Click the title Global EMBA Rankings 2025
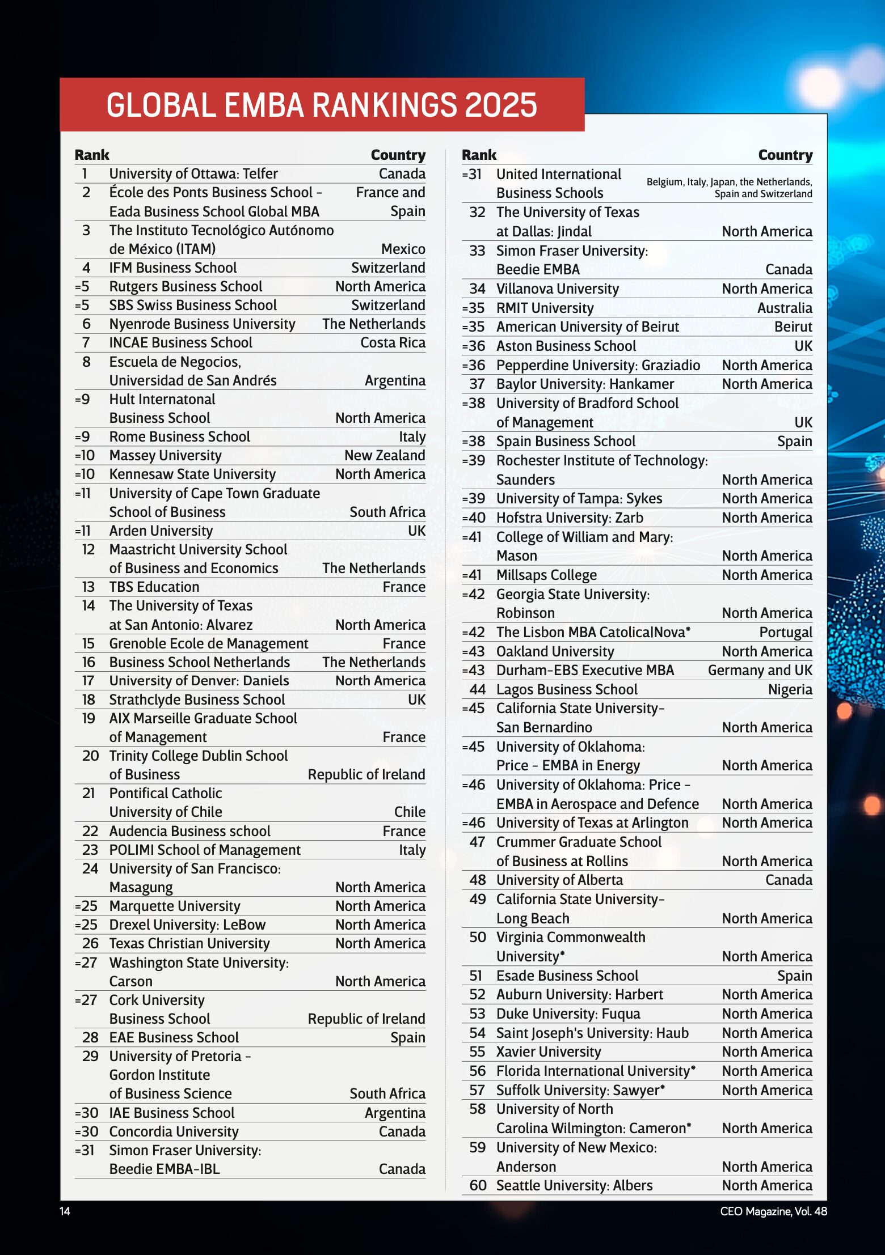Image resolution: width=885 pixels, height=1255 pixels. [x=321, y=105]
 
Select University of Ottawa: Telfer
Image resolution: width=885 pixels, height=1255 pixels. [x=193, y=173]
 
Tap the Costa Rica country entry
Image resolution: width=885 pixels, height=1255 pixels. [x=393, y=342]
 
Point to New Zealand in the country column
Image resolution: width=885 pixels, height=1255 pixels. [x=385, y=455]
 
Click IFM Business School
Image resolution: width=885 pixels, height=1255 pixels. [x=173, y=268]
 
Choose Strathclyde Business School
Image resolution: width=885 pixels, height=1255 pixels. [x=197, y=699]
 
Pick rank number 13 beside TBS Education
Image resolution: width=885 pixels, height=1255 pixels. [x=88, y=587]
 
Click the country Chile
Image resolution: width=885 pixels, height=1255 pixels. [x=410, y=812]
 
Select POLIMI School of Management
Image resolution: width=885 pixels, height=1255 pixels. [x=205, y=850]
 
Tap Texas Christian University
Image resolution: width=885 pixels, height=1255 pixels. [x=189, y=943]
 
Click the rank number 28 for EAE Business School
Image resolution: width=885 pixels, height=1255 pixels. [x=90, y=1037]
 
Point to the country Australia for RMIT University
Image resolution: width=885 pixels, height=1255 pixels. [x=785, y=308]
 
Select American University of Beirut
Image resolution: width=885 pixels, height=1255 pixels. [x=587, y=327]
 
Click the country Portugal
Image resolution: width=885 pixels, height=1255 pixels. [x=786, y=632]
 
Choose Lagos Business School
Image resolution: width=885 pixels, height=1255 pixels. [x=567, y=689]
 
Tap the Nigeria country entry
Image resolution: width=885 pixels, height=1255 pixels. [x=790, y=689]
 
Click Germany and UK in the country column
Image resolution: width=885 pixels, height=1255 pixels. [x=760, y=670]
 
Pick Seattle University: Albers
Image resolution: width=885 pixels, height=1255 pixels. [x=574, y=1185]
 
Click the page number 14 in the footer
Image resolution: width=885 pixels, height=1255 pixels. [x=65, y=1211]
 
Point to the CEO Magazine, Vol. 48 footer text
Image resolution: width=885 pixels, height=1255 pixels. [x=773, y=1211]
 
